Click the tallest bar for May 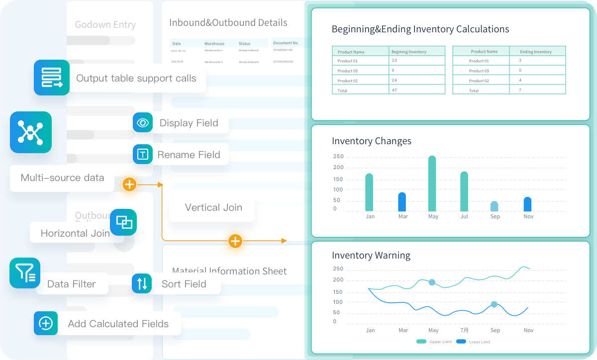point(432,183)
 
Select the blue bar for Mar point(402,202)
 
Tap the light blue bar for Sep point(494,206)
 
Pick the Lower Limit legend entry point(472,342)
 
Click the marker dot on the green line point(432,282)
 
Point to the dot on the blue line point(494,304)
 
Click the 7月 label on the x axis point(464,330)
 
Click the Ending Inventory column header point(536,51)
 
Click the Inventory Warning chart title point(371,256)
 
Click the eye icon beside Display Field point(143,123)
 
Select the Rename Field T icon point(143,154)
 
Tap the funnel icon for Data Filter point(24,273)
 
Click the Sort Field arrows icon point(142,283)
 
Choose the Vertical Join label point(213,207)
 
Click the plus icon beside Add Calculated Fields point(46,323)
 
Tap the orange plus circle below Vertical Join point(235,241)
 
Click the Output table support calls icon point(52,78)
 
